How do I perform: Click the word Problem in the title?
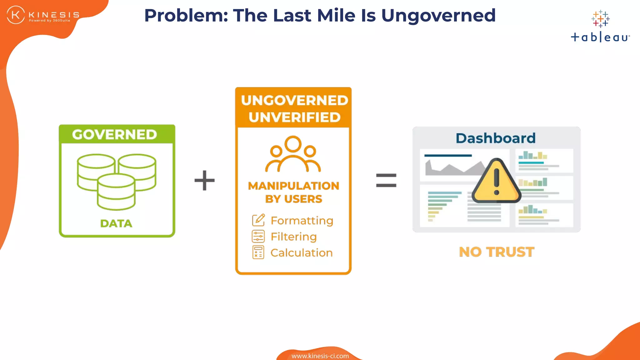[x=186, y=16]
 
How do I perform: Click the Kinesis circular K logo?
[x=16, y=15]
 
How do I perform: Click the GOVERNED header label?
[x=114, y=135]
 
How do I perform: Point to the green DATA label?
[x=116, y=223]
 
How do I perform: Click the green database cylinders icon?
[x=117, y=181]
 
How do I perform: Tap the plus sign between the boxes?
[x=205, y=180]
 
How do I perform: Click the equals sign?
[x=386, y=180]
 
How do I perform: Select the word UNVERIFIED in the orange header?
[x=294, y=117]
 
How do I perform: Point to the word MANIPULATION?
[x=293, y=186]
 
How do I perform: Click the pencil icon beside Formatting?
[x=258, y=220]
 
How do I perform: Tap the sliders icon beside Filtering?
[x=258, y=237]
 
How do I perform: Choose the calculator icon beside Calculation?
[x=258, y=252]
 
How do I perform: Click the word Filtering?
[x=293, y=237]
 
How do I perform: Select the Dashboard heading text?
[x=496, y=138]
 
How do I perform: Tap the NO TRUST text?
[x=497, y=252]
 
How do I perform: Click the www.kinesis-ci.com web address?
[x=320, y=356]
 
